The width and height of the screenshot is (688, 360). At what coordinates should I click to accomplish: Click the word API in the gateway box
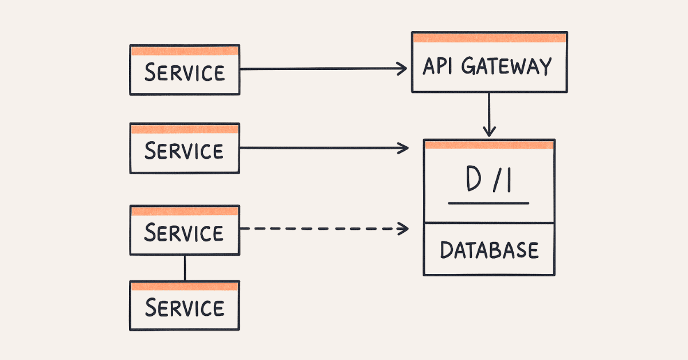[437, 66]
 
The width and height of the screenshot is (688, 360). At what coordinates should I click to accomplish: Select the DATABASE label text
[489, 251]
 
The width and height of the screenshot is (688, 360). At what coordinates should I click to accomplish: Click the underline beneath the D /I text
[488, 202]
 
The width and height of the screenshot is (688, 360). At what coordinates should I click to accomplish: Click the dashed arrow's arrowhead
[404, 229]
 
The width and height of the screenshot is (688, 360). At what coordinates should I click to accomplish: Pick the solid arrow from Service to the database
[321, 148]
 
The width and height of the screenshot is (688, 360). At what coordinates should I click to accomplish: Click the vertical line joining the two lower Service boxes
[185, 268]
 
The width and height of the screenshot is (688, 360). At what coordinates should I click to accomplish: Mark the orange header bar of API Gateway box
[489, 38]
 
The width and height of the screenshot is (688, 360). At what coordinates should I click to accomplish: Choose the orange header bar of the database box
[489, 144]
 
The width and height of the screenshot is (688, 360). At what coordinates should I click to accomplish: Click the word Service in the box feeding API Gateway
[184, 73]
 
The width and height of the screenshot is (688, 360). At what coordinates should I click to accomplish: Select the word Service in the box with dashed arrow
[184, 233]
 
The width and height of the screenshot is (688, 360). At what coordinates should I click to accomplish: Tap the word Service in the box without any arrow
[184, 308]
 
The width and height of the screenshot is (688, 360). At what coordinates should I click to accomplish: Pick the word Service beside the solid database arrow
[184, 151]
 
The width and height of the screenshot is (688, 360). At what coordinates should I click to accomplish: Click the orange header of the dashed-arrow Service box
[184, 211]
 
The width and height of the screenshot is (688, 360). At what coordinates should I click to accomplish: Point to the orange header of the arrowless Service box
[184, 286]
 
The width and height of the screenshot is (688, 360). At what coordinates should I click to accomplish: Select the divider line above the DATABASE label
[489, 223]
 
